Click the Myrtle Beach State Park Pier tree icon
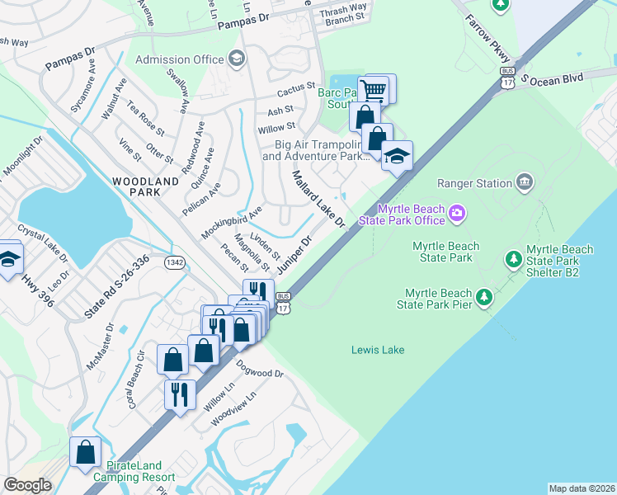pyautogui.click(x=484, y=295)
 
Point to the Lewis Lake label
pyautogui.click(x=378, y=350)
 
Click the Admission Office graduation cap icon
pyautogui.click(x=237, y=58)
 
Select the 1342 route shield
pyautogui.click(x=174, y=262)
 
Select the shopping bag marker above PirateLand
pyautogui.click(x=86, y=451)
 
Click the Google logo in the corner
pyautogui.click(x=27, y=485)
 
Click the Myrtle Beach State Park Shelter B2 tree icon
pyautogui.click(x=513, y=259)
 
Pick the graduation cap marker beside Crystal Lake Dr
pyautogui.click(x=8, y=257)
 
